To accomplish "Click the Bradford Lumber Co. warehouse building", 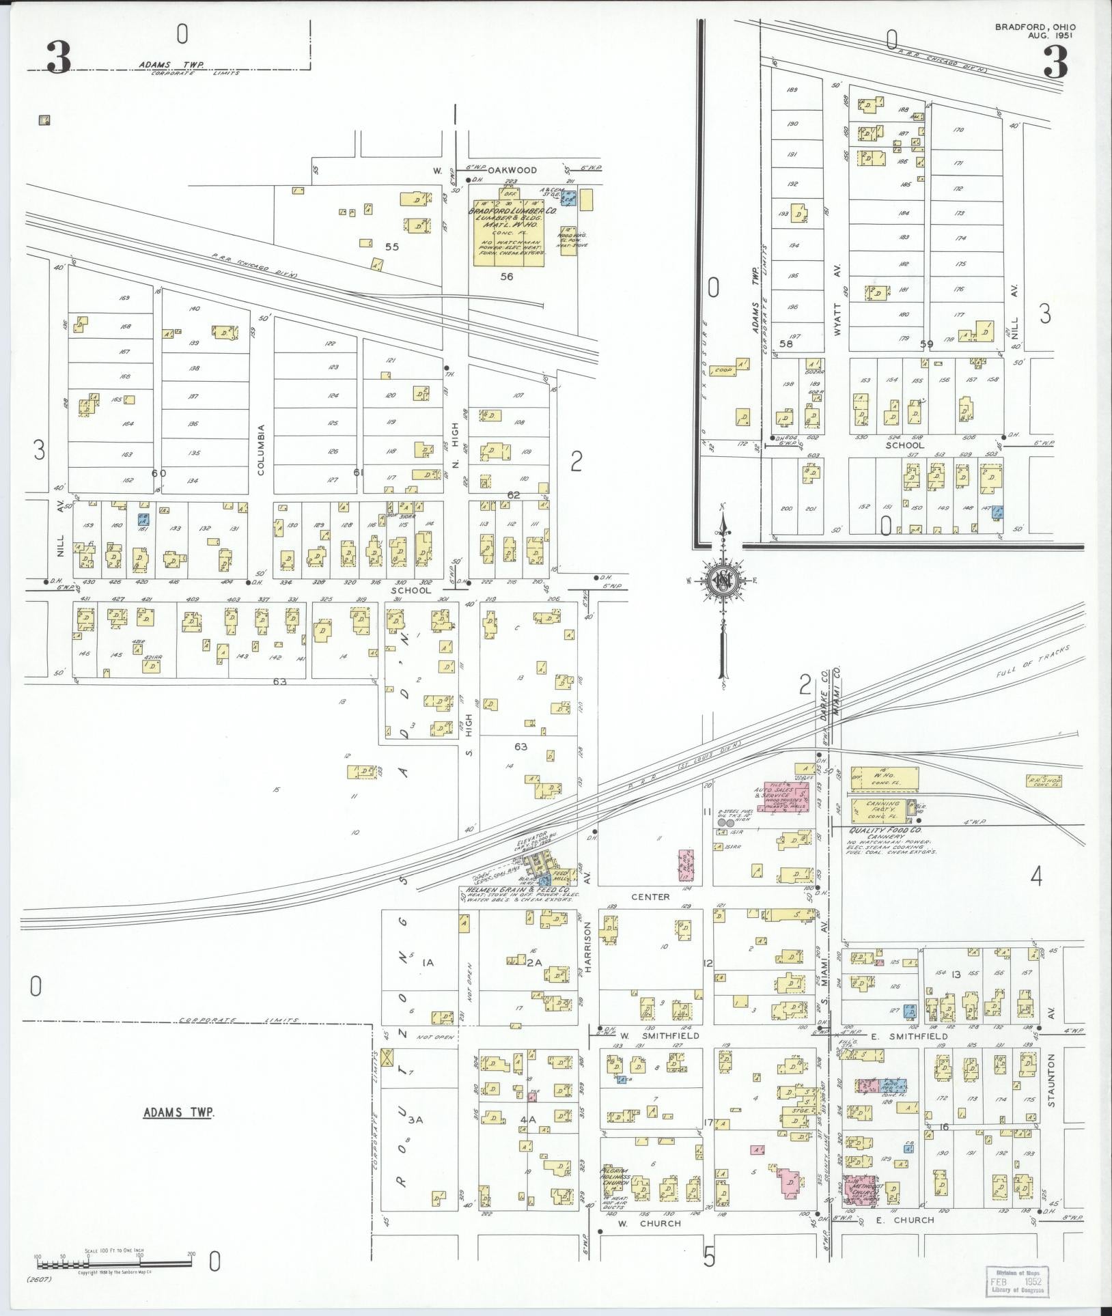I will pyautogui.click(x=510, y=232).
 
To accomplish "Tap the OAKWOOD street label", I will pyautogui.click(x=516, y=170).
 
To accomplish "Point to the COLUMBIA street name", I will pyautogui.click(x=260, y=449).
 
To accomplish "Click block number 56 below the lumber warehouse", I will pyautogui.click(x=507, y=277).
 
